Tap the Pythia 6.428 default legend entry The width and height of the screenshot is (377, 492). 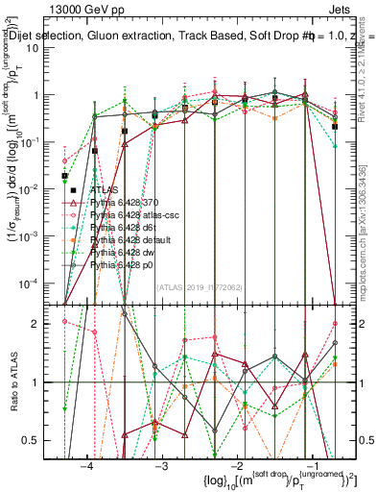133,239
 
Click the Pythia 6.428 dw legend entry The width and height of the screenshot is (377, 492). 128,251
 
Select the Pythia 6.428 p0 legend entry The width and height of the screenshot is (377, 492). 127,262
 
